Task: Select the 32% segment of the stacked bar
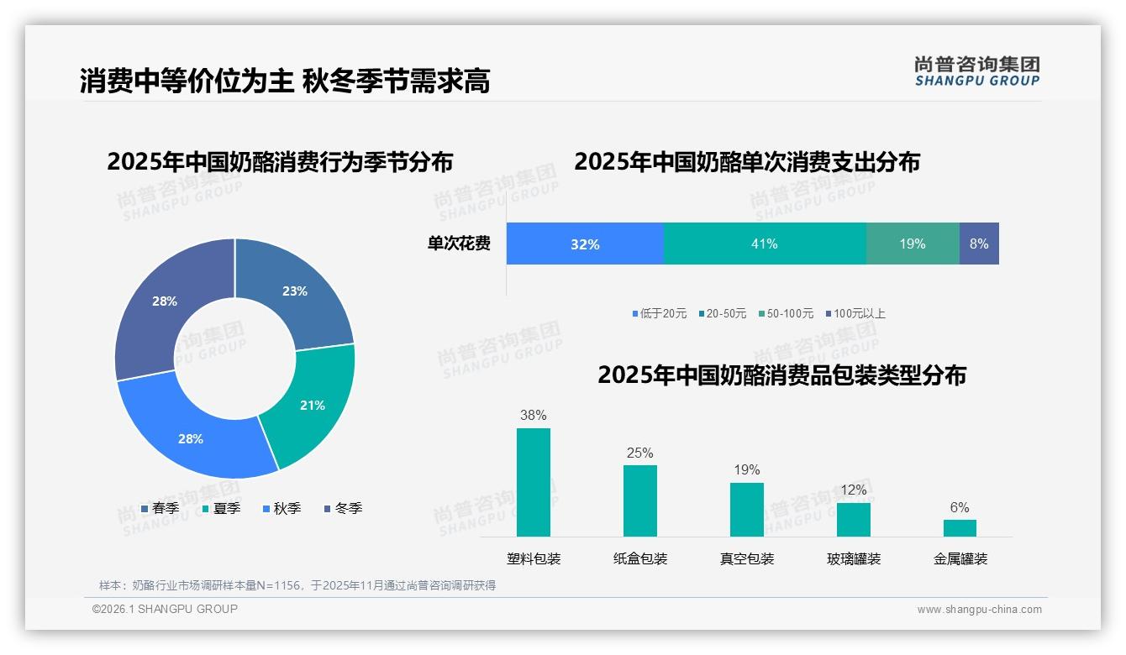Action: tap(585, 244)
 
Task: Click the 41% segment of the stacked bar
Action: tap(764, 244)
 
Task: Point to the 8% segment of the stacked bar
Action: tap(979, 244)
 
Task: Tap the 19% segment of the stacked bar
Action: tap(913, 244)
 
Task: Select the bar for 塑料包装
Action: tap(534, 482)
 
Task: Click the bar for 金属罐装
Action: tap(960, 527)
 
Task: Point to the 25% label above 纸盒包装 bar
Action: tap(639, 453)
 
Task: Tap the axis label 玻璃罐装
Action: tap(854, 558)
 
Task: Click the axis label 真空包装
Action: tap(747, 558)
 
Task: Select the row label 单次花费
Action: tap(459, 244)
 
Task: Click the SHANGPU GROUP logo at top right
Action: tap(976, 71)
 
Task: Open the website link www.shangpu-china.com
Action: tap(979, 609)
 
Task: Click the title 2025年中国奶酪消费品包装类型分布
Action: tap(781, 375)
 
